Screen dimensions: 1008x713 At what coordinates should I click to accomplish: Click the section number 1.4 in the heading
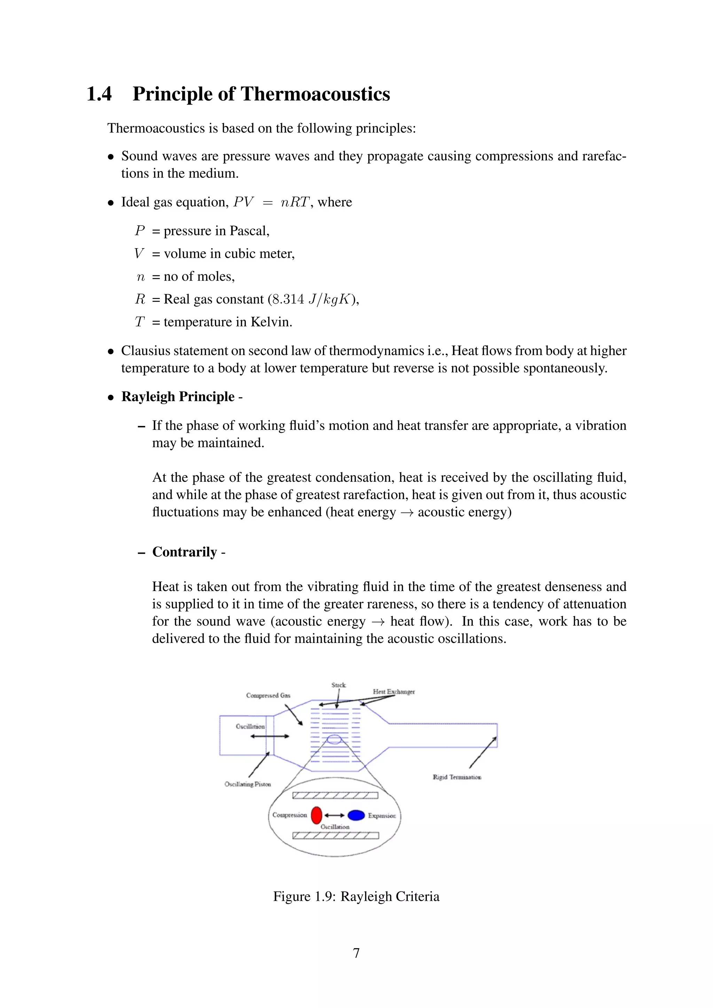click(x=99, y=94)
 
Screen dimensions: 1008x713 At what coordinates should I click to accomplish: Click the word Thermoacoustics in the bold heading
click(x=315, y=94)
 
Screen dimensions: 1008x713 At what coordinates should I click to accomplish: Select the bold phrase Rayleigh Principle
click(x=178, y=396)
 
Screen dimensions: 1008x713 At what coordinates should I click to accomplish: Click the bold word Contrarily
click(x=185, y=552)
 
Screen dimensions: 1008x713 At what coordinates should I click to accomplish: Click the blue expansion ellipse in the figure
click(x=356, y=815)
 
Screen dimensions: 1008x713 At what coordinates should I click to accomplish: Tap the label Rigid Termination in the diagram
click(x=457, y=777)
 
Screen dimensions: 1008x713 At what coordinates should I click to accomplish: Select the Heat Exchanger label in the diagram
click(x=393, y=692)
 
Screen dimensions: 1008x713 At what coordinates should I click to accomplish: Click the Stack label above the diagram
click(x=338, y=685)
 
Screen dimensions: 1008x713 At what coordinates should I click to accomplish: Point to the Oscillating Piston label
click(x=248, y=784)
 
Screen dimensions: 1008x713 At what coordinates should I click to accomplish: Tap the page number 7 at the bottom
click(x=356, y=953)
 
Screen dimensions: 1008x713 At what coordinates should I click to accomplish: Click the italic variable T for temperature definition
click(x=140, y=322)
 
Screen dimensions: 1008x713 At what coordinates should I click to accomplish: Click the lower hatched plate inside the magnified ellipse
click(x=335, y=835)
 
